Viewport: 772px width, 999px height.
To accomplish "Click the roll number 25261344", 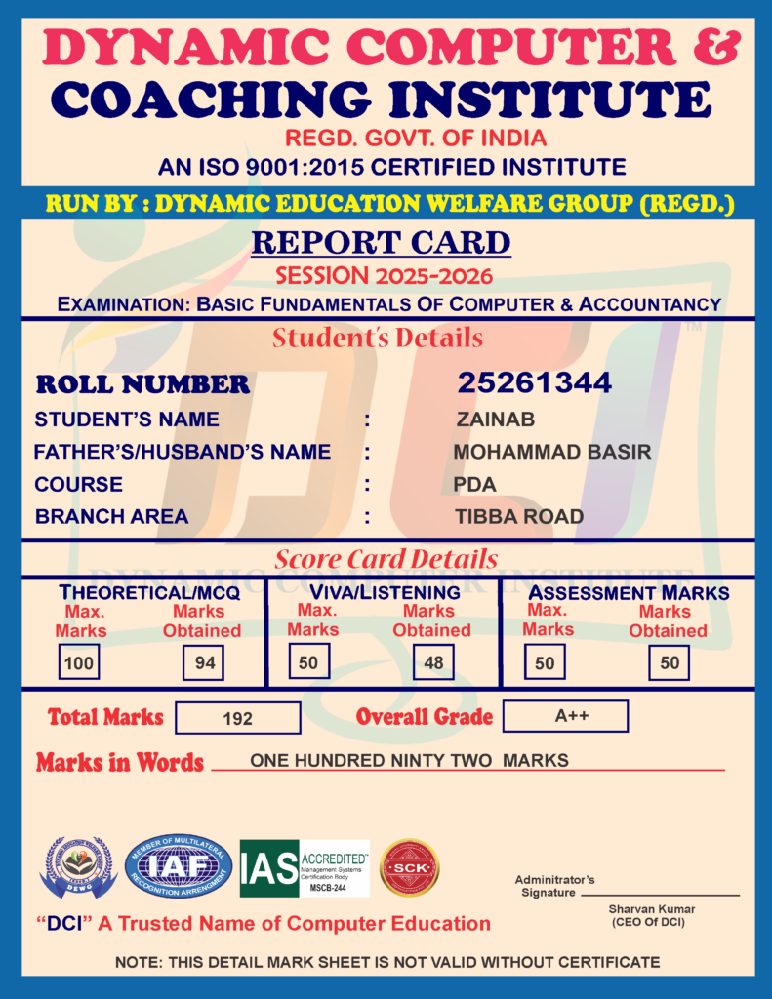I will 535,383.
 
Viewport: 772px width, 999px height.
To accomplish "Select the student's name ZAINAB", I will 495,420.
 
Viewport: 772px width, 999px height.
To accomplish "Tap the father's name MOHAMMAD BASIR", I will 551,453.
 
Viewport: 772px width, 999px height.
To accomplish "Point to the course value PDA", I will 475,485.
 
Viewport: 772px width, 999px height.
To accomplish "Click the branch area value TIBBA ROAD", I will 519,517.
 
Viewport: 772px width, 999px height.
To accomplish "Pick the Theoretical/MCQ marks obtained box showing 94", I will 204,663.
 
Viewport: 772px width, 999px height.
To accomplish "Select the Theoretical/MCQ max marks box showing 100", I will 77,663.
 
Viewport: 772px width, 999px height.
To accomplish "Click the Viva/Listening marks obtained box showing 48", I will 432,663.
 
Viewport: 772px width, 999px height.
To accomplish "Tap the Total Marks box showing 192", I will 237,718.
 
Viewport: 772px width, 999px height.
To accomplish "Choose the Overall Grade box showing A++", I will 565,716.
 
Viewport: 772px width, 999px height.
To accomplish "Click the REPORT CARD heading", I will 381,242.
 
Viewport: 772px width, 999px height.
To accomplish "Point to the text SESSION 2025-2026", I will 384,276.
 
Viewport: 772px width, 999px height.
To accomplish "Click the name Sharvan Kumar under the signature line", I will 648,909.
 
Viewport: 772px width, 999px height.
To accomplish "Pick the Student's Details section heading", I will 378,339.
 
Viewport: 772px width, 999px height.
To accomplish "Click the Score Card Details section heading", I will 386,559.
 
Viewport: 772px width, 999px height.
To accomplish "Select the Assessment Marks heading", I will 629,593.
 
